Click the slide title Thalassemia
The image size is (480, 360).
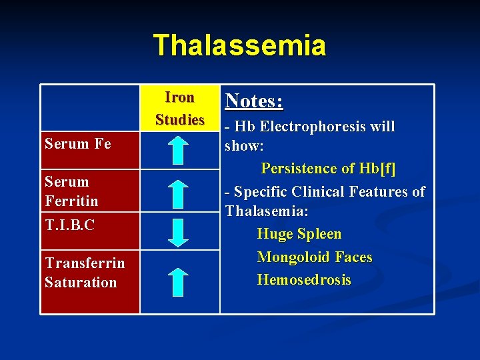pyautogui.click(x=239, y=45)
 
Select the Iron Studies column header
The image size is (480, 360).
pyautogui.click(x=179, y=109)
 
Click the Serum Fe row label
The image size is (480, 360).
pyautogui.click(x=77, y=143)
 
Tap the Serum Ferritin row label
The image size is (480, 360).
pyautogui.click(x=71, y=191)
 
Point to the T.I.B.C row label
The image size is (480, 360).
pyautogui.click(x=69, y=225)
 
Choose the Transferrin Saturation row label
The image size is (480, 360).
pyautogui.click(x=84, y=273)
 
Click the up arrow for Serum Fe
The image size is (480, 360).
pyautogui.click(x=179, y=149)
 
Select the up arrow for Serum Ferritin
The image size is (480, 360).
pyautogui.click(x=179, y=196)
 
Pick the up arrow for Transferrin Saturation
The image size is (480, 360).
pyautogui.click(x=179, y=281)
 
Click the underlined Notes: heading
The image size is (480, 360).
pyautogui.click(x=254, y=101)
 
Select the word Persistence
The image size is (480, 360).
pyautogui.click(x=301, y=169)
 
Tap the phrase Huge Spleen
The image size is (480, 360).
pyautogui.click(x=299, y=234)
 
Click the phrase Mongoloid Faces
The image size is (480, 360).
pyautogui.click(x=315, y=257)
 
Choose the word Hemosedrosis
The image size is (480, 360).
pyautogui.click(x=304, y=280)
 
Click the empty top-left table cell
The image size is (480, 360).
pyautogui.click(x=90, y=108)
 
